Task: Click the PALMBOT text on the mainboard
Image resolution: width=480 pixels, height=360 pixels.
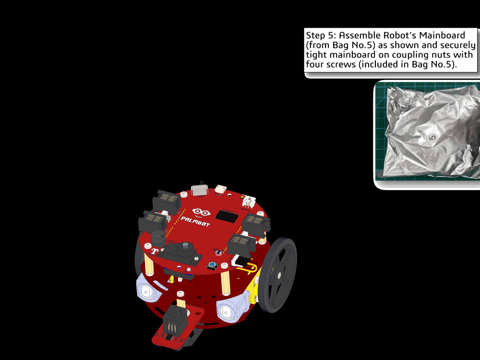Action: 196,221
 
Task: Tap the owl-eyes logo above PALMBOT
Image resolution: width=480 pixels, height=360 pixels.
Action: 201,212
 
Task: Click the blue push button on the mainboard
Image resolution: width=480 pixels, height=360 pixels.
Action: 212,265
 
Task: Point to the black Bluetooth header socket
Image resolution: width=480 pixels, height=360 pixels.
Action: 227,216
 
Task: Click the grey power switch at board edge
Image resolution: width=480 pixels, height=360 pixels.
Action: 199,190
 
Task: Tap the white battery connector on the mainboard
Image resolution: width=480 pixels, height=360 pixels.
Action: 249,201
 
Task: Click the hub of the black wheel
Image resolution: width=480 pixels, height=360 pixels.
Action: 279,275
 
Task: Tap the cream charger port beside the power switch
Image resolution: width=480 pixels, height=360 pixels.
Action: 220,189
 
